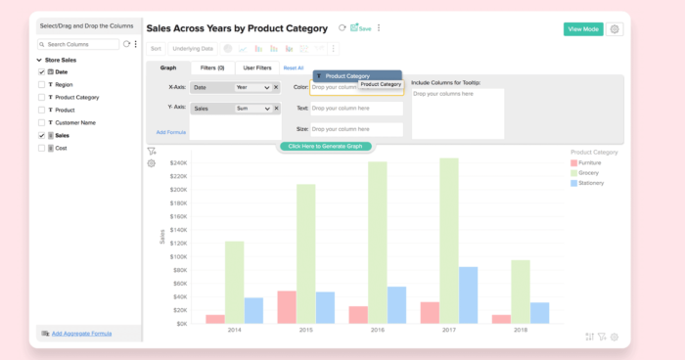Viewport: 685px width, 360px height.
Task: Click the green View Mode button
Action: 583,29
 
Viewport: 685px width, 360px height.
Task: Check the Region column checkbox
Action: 41,85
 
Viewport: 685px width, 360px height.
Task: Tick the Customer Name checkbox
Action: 41,123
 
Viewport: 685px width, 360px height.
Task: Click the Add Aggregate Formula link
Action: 81,334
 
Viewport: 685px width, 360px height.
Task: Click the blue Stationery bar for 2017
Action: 469,294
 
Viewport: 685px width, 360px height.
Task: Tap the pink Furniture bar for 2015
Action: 286,307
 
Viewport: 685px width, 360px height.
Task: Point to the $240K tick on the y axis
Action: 178,163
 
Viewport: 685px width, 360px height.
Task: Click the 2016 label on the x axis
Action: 378,331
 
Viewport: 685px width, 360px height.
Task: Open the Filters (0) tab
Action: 212,67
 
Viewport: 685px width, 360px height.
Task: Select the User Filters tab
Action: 257,67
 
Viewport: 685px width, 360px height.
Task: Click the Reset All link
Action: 294,67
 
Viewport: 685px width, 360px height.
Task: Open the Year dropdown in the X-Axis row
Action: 252,87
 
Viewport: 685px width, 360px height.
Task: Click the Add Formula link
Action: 170,132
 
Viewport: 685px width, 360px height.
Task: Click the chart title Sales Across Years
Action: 237,29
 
